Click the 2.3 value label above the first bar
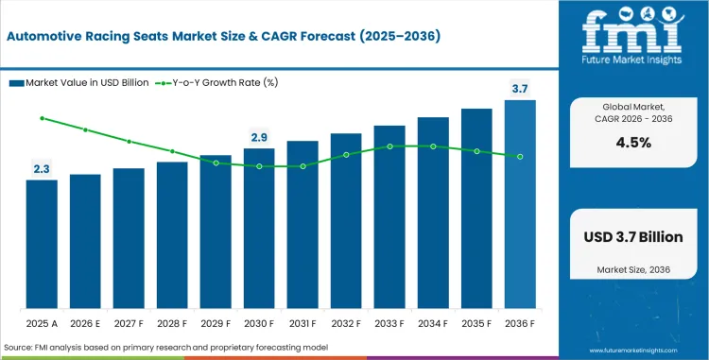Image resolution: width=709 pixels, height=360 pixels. tap(42, 168)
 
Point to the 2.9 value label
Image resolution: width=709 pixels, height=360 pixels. tap(259, 137)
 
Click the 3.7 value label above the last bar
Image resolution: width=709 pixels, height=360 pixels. tap(520, 88)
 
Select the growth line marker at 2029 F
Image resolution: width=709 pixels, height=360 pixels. tap(216, 163)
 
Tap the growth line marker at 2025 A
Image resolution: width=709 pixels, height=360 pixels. tap(42, 118)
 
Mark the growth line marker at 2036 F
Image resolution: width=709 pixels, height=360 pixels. tap(520, 156)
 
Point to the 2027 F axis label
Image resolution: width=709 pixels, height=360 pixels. tap(129, 323)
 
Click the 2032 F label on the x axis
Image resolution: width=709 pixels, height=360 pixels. tap(346, 323)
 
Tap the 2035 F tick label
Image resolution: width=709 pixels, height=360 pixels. tap(476, 323)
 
